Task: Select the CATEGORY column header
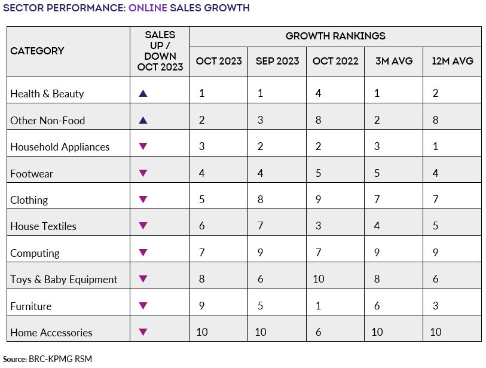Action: coord(37,51)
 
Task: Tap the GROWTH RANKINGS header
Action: coord(335,36)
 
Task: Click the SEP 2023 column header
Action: coord(277,62)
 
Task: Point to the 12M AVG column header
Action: coord(452,62)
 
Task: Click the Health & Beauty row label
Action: coord(47,94)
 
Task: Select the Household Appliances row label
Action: coord(60,147)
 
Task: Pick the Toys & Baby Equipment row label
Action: coord(64,280)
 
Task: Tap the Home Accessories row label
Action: coord(51,333)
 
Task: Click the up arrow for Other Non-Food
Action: coord(142,120)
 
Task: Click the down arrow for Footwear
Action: coord(142,173)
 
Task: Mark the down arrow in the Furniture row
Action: coord(142,306)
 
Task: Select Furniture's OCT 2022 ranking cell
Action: coord(319,306)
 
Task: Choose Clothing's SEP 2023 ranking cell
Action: coord(260,200)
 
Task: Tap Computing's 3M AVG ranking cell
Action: coord(377,253)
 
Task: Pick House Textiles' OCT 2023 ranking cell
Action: coord(202,226)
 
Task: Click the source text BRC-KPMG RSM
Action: coord(60,359)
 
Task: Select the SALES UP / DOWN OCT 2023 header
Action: coord(159,51)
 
